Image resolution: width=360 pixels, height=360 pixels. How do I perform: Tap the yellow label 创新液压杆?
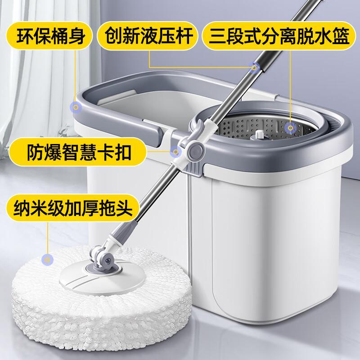click(147, 36)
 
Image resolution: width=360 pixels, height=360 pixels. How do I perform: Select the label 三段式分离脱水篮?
click(278, 36)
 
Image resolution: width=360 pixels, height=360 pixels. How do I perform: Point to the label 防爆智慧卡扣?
click(77, 152)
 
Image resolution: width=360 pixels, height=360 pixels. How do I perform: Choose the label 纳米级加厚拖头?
click(73, 208)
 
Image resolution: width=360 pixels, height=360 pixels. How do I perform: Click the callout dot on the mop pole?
click(254, 68)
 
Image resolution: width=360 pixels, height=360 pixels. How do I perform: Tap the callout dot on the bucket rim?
click(76, 107)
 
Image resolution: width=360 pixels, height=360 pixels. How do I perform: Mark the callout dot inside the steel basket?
click(290, 128)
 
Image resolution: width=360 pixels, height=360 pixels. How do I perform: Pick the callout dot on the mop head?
click(48, 260)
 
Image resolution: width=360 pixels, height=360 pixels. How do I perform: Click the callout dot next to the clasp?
click(175, 152)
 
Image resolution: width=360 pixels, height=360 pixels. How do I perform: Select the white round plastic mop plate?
click(102, 278)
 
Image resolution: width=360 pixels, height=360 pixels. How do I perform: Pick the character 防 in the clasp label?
click(35, 152)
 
